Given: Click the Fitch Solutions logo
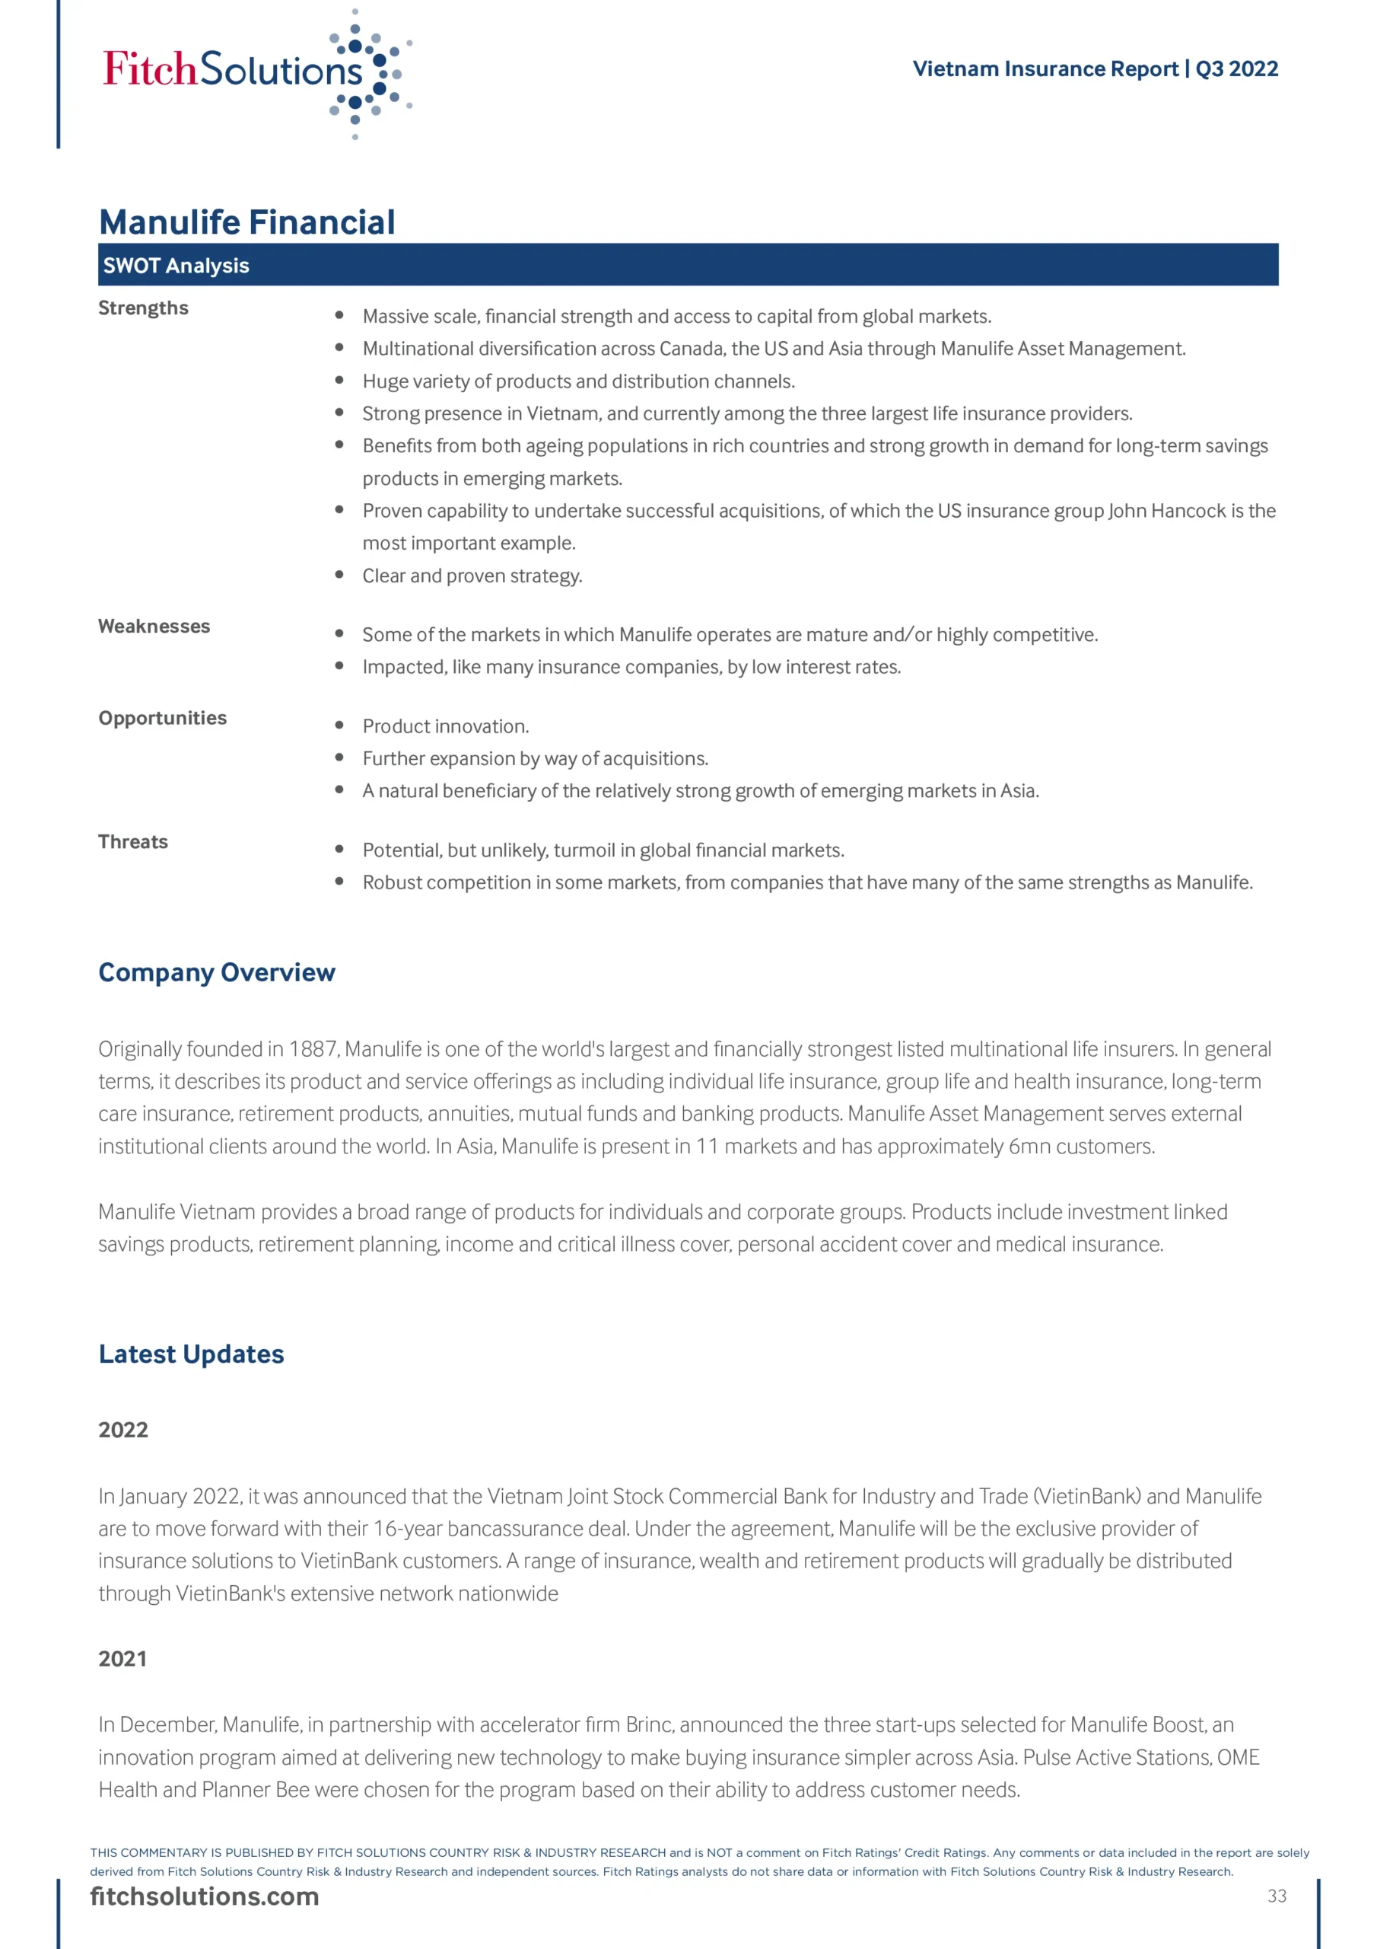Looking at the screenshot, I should pos(255,72).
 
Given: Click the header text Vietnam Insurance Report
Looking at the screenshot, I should pos(1045,69).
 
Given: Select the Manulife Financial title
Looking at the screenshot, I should pos(247,222).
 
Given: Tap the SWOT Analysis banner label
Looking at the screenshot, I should pos(176,266).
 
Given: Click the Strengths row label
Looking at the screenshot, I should pos(143,308).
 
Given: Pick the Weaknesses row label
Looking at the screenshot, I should pos(154,627).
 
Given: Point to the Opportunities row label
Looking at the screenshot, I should pos(163,718).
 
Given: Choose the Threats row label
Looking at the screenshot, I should pos(133,842).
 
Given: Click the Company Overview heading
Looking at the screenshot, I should pos(217,973).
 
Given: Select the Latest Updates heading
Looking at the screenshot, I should pos(192,1354).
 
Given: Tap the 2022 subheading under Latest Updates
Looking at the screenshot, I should pos(123,1431).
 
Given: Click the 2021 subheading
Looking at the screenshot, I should pos(123,1660).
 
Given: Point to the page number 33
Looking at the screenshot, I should pos(1277,1896).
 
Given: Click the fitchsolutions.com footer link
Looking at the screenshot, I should pos(205,1897).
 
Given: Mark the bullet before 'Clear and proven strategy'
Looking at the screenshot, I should pos(339,575).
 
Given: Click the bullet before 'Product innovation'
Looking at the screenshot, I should pos(339,725).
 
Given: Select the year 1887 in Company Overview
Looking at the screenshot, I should pos(313,1050).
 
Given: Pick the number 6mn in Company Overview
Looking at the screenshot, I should pos(1030,1147).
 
